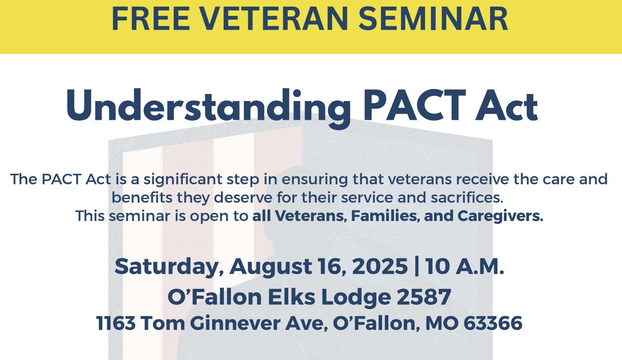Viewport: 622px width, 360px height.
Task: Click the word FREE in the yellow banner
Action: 151,19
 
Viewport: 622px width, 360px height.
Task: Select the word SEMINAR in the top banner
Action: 433,19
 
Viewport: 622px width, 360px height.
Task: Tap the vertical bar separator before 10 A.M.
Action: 416,267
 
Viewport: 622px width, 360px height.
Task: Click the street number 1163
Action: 116,323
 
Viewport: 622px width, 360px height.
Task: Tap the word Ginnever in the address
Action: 235,323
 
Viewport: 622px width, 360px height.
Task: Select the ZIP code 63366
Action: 493,323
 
